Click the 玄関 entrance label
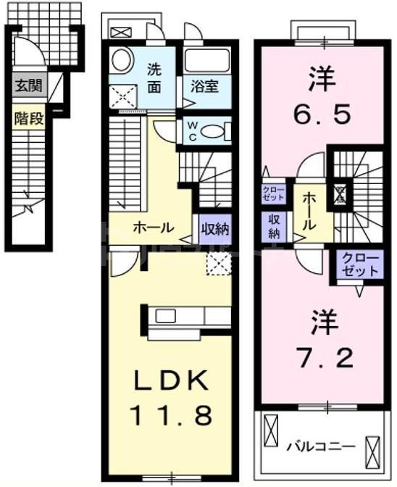[x=28, y=86]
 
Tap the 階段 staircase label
[x=28, y=118]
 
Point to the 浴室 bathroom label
[x=206, y=86]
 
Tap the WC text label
[x=192, y=130]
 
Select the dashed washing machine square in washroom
[x=122, y=95]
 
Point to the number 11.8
[x=171, y=415]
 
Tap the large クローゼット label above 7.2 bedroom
[x=358, y=265]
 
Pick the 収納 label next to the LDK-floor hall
[x=214, y=229]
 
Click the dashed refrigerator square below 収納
[x=217, y=264]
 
